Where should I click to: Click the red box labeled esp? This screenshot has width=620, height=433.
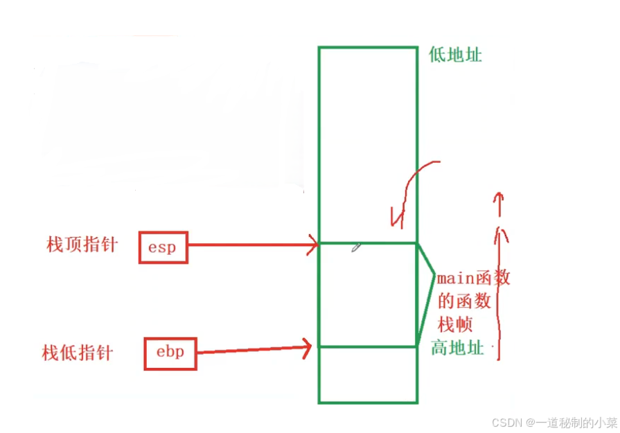tap(163, 247)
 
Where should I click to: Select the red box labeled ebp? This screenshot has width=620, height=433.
tap(170, 353)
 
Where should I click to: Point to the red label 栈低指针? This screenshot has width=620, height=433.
tap(77, 353)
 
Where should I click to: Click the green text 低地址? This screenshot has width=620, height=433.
tap(455, 55)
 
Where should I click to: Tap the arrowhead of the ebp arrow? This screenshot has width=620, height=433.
tap(305, 347)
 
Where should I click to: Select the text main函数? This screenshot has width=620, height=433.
tap(474, 279)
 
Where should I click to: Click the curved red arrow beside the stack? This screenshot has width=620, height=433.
tap(409, 191)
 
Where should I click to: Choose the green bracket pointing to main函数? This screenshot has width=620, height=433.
tap(426, 291)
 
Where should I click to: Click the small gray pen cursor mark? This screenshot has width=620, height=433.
tap(355, 247)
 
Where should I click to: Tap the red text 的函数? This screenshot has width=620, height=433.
tap(465, 301)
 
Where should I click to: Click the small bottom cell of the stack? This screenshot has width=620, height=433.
tap(367, 374)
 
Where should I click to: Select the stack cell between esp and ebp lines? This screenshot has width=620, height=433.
tap(367, 294)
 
